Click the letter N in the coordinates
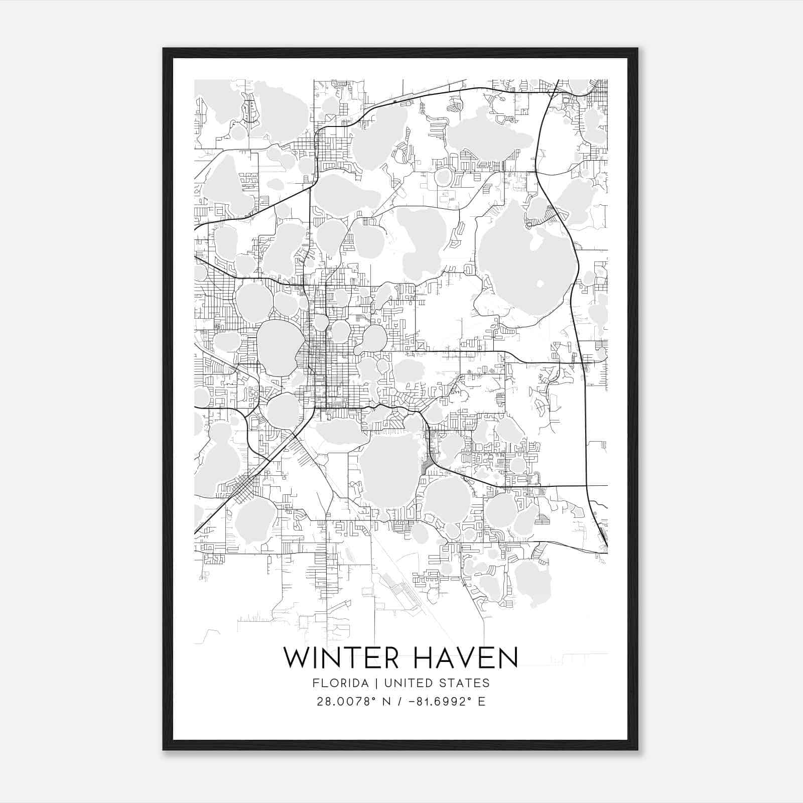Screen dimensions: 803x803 pos(387,702)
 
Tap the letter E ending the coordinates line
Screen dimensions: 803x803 pos(482,702)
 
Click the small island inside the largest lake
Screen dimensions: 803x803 pos(540,284)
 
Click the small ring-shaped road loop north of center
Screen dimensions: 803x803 pos(444,177)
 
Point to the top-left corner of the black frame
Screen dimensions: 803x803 pos(164,49)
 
